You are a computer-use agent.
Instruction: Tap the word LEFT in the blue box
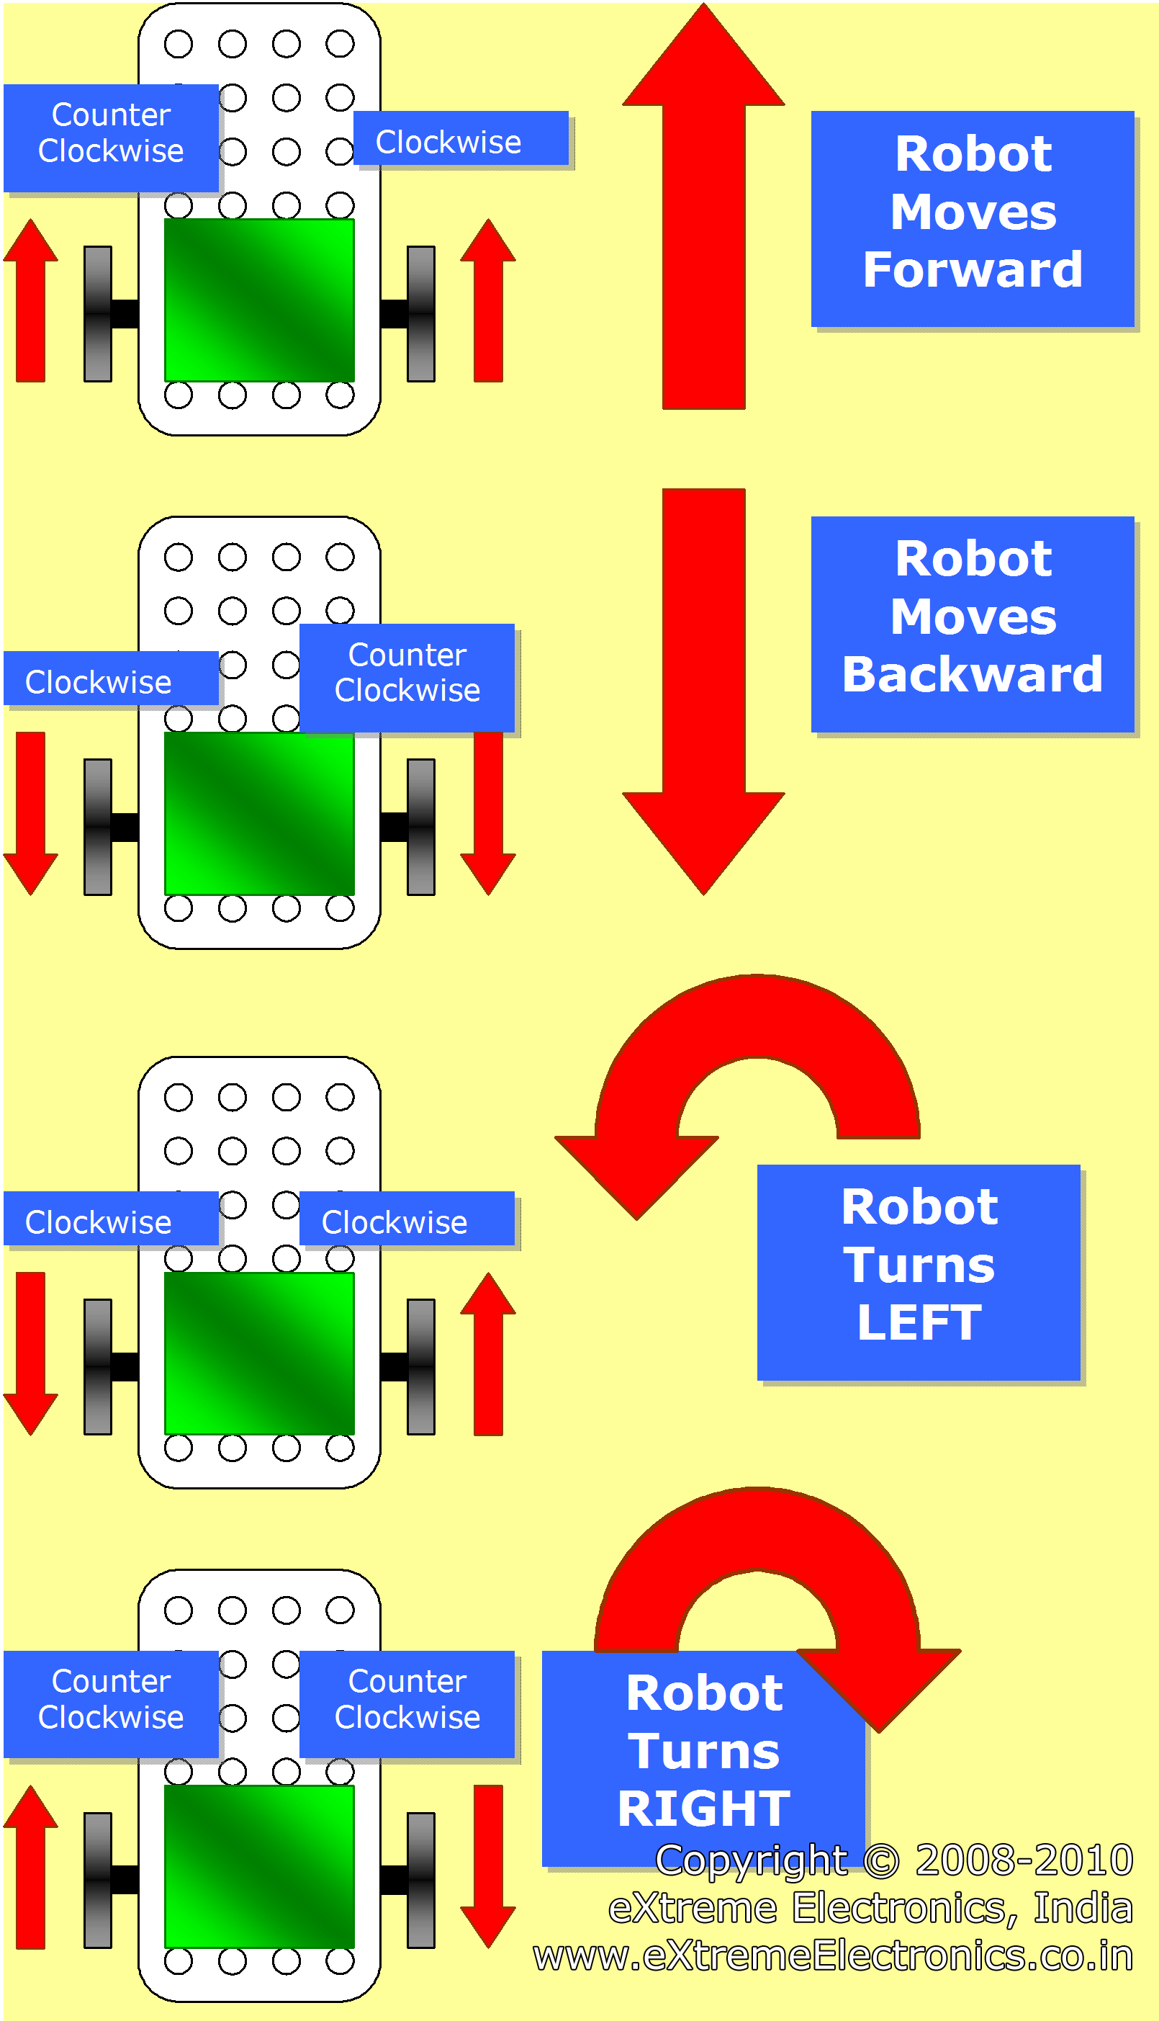coord(919,1322)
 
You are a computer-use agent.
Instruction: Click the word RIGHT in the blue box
coord(704,1809)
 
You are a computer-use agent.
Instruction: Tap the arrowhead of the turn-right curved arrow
coord(880,1688)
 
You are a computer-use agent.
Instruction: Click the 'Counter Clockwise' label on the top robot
coord(111,134)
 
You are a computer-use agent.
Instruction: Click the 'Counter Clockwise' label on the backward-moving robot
coord(407,673)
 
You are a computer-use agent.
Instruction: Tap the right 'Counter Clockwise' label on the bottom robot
coord(407,1699)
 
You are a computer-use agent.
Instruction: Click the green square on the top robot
coord(258,300)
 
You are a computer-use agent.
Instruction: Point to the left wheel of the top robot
coord(98,314)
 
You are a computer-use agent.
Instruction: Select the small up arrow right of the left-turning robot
coord(488,1354)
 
